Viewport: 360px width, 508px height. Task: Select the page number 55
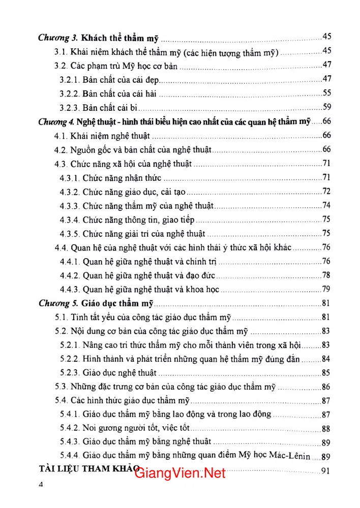(x=326, y=93)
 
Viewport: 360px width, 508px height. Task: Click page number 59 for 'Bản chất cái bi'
(x=326, y=107)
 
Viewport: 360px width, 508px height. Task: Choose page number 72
(x=326, y=192)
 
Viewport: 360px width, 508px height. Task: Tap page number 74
(x=326, y=206)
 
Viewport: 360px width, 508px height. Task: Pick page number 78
(x=326, y=275)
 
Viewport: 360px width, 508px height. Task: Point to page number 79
(x=326, y=290)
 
